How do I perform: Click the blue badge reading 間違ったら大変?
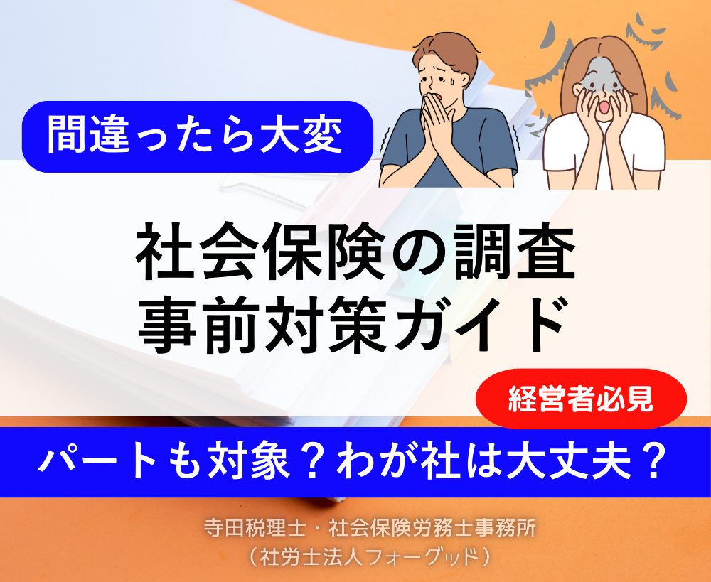click(x=197, y=136)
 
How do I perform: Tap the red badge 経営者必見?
click(x=581, y=399)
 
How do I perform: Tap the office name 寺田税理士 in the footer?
click(x=254, y=529)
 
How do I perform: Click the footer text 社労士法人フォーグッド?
click(x=369, y=557)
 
